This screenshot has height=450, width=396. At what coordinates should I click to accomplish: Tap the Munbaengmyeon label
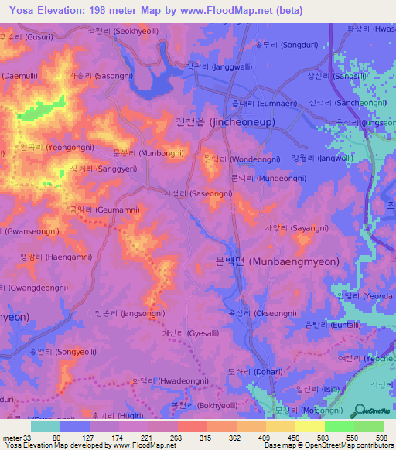[278, 262]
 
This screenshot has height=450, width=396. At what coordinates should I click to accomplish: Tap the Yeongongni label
[60, 145]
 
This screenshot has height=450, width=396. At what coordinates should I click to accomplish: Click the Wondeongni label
[236, 159]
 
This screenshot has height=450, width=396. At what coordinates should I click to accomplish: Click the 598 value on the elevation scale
[381, 438]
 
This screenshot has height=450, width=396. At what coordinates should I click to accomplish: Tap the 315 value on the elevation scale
[205, 438]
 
